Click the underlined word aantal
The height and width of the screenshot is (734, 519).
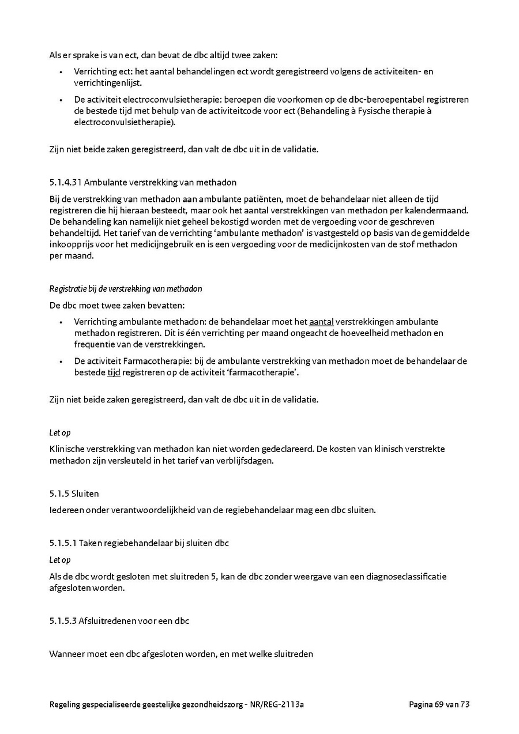pos(321,322)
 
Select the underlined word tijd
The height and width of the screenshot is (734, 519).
pos(114,372)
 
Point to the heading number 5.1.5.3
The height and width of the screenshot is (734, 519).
pos(62,621)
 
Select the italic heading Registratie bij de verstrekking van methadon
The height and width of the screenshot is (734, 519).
pos(126,289)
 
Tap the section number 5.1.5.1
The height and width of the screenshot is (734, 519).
pos(62,543)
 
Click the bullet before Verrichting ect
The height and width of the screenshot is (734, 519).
pos(61,72)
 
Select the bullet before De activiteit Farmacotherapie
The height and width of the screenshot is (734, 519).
pos(61,362)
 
